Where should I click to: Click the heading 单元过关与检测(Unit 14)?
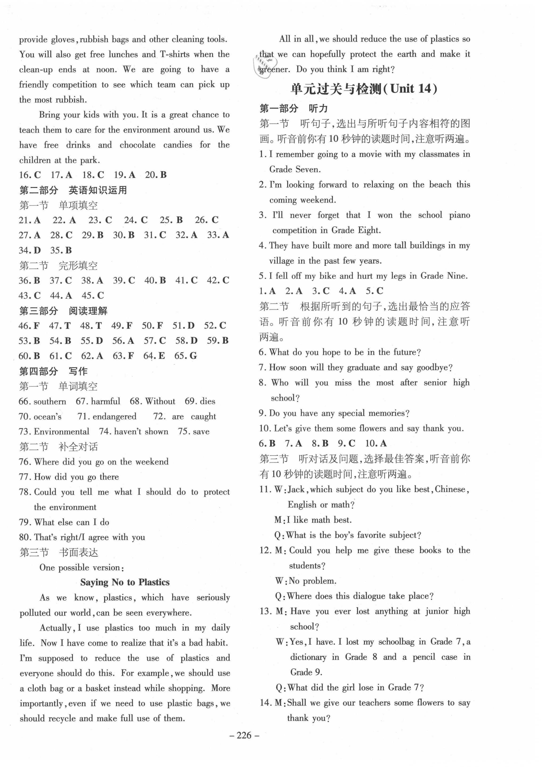coord(364,89)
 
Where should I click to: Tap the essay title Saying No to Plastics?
coord(125,582)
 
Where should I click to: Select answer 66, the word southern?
coord(50,401)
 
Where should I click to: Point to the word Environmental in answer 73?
coord(61,432)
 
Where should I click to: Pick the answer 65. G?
coord(186,356)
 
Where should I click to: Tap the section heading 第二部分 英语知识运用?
coord(73,191)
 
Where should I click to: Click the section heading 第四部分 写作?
coord(53,371)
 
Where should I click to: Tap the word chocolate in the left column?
coord(138,145)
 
